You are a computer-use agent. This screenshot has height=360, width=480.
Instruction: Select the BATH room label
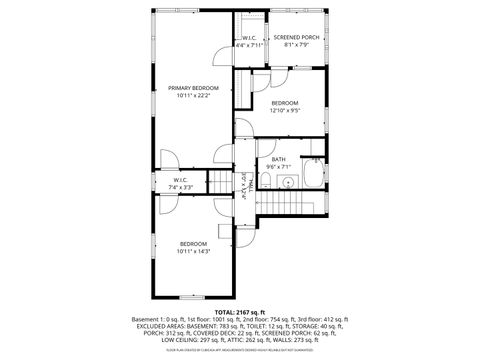[x=277, y=160]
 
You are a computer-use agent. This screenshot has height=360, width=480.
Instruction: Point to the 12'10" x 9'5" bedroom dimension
[x=285, y=111]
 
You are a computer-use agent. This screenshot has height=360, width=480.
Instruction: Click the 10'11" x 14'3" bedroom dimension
[x=193, y=252]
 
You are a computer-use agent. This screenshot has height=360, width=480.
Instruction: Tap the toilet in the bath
[x=268, y=180]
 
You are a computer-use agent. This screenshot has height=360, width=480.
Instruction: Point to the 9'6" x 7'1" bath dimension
[x=277, y=168]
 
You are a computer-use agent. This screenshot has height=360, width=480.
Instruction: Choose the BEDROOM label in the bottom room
[x=193, y=244]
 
